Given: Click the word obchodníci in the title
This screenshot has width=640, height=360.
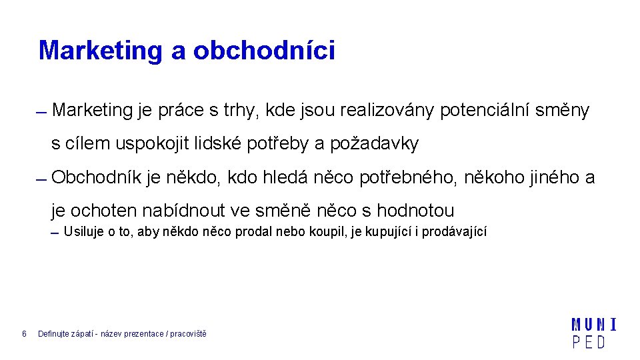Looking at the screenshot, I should pyautogui.click(x=264, y=51).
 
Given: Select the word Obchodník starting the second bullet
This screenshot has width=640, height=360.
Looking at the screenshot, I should pyautogui.click(x=96, y=177).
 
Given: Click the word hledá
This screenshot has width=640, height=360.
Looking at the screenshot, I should pyautogui.click(x=287, y=177).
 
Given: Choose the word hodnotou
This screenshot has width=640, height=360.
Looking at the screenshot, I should pyautogui.click(x=415, y=211).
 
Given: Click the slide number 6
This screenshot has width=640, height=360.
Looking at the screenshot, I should pyautogui.click(x=24, y=333).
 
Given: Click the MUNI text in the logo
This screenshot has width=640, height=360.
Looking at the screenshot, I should pyautogui.click(x=593, y=325).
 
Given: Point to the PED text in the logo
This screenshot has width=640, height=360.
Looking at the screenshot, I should pyautogui.click(x=589, y=343).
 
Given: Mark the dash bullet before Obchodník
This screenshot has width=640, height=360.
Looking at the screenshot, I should pyautogui.click(x=41, y=180).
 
